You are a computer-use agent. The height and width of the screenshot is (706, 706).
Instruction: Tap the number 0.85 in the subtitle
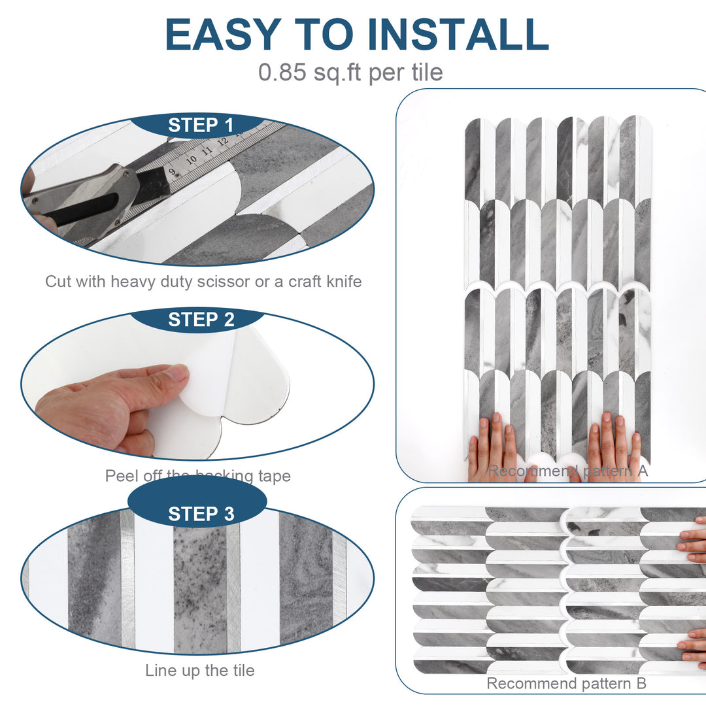(x=282, y=72)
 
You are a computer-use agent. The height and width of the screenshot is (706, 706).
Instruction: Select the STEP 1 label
(x=201, y=126)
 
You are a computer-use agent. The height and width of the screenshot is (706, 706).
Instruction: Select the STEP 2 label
(x=201, y=320)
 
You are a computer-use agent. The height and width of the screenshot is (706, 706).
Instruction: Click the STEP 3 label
(x=201, y=514)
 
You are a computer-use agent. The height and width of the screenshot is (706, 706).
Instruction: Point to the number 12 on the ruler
(x=222, y=140)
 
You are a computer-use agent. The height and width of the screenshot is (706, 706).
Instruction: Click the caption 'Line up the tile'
(x=199, y=670)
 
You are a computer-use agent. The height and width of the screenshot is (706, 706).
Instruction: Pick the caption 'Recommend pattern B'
(x=566, y=684)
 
